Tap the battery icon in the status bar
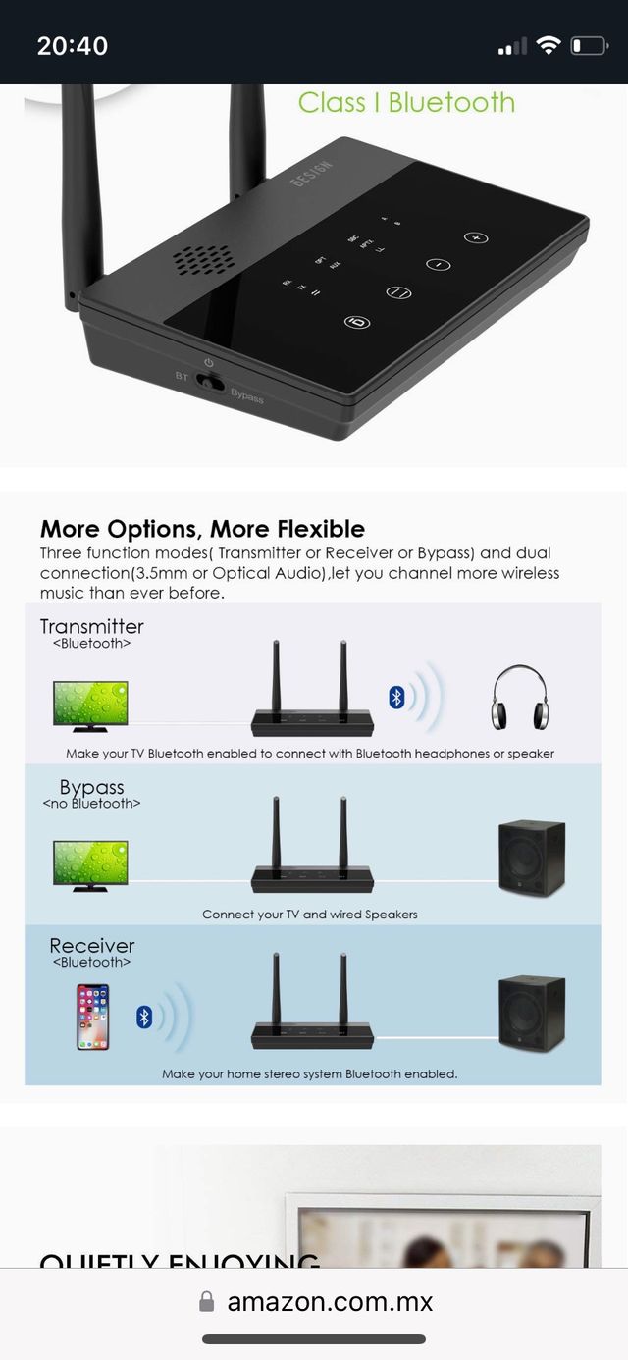click(x=589, y=45)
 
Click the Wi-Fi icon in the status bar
click(x=549, y=45)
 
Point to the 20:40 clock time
click(x=73, y=45)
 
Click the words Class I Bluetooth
click(x=406, y=102)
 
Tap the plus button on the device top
click(x=476, y=237)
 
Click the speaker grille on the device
click(x=203, y=259)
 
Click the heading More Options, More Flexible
click(x=202, y=529)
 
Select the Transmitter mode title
click(x=92, y=626)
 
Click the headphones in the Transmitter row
click(x=518, y=698)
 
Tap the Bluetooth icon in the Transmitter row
click(x=396, y=697)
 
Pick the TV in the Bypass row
click(x=90, y=864)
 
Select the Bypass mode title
click(x=91, y=787)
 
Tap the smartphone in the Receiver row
click(x=93, y=1017)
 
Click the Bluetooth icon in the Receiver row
click(x=144, y=1017)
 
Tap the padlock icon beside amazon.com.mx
click(x=206, y=1302)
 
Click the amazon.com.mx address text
click(x=330, y=1302)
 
